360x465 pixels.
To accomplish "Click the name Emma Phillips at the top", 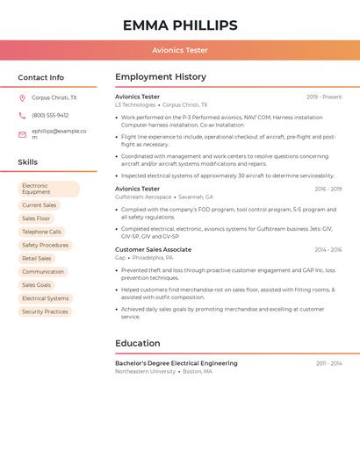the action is click(180, 25).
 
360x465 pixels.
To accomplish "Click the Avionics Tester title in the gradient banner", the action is click(180, 51).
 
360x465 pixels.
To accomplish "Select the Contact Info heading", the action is click(40, 77).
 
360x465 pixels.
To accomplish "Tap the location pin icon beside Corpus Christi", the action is click(22, 98).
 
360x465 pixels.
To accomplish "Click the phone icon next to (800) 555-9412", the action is click(22, 115).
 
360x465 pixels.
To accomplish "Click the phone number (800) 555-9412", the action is click(50, 115).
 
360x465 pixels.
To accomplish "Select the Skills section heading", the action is click(27, 162).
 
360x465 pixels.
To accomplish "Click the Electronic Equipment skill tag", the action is click(48, 189).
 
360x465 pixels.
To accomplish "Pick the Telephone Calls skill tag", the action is click(41, 232).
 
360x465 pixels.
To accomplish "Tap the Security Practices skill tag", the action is click(45, 311).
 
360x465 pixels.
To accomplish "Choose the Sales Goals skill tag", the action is click(36, 285).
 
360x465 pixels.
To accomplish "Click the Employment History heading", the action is click(161, 77).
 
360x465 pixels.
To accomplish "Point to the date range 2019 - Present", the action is click(324, 97).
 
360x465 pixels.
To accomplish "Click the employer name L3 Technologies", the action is click(135, 104).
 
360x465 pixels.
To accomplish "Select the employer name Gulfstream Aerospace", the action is click(143, 197).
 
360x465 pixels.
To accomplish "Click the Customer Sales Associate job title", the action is click(153, 250).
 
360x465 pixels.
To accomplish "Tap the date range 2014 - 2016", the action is click(328, 250).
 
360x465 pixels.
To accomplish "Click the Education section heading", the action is click(138, 343).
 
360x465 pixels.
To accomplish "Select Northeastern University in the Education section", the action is click(145, 371).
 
